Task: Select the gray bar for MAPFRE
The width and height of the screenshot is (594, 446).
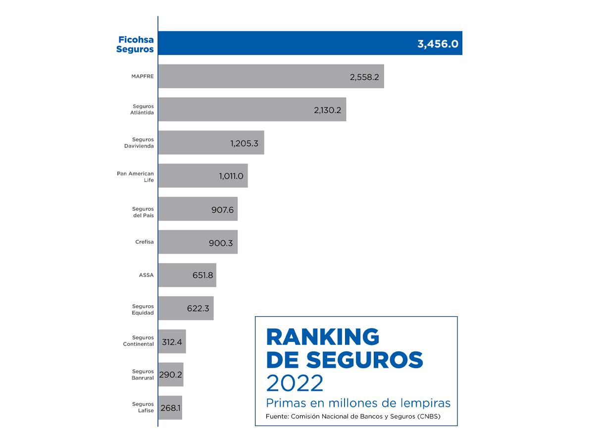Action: pyautogui.click(x=271, y=76)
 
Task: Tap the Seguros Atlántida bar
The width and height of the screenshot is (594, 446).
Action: pyautogui.click(x=252, y=110)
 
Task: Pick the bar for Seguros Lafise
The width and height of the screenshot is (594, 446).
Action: pyautogui.click(x=170, y=407)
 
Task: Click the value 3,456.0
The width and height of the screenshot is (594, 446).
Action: pyautogui.click(x=438, y=44)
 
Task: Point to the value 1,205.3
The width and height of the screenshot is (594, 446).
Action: pyautogui.click(x=245, y=143)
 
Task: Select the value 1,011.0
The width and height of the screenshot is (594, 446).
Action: pyautogui.click(x=231, y=176)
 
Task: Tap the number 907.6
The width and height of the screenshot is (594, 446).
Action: pyautogui.click(x=222, y=209)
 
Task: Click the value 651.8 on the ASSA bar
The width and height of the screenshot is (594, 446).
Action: pyautogui.click(x=202, y=275)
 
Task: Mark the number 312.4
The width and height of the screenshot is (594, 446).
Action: pyautogui.click(x=172, y=341)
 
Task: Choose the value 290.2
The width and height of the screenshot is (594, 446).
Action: pyautogui.click(x=171, y=375)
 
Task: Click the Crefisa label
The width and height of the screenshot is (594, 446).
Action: pyautogui.click(x=144, y=242)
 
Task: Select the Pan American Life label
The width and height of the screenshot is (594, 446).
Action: pyautogui.click(x=136, y=176)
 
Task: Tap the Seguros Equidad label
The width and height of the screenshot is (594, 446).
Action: pyautogui.click(x=143, y=309)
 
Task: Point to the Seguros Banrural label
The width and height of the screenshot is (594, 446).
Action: pyautogui.click(x=143, y=375)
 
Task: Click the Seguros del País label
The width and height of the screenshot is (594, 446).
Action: pyautogui.click(x=143, y=212)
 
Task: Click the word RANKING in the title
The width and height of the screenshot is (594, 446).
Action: pyautogui.click(x=323, y=337)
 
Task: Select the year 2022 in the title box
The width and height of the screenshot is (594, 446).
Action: pyautogui.click(x=295, y=383)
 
